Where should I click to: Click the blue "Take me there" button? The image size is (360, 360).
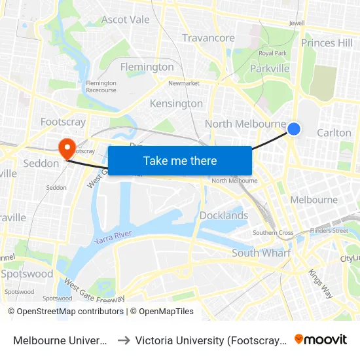coord(179,160)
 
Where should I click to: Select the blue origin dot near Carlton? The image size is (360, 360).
coord(294,129)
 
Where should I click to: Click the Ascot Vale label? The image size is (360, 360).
coord(126,20)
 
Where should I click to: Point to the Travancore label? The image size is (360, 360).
coord(208,38)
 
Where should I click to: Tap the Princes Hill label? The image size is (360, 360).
coord(327,43)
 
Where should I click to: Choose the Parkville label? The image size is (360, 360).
coord(270,68)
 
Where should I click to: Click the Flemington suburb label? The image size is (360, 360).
coord(147,67)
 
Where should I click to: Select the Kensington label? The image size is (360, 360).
coord(176,103)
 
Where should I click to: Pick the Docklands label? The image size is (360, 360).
coord(224,215)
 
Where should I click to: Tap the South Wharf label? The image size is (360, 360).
coord(261,253)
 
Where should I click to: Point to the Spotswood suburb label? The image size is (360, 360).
coord(27,274)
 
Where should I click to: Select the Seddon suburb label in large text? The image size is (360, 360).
coord(41,163)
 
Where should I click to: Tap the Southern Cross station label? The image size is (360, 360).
coord(273,232)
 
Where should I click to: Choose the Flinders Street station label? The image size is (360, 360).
coord(330,230)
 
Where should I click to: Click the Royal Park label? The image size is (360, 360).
coord(273,53)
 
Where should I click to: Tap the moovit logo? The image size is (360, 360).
coord(321,339)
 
